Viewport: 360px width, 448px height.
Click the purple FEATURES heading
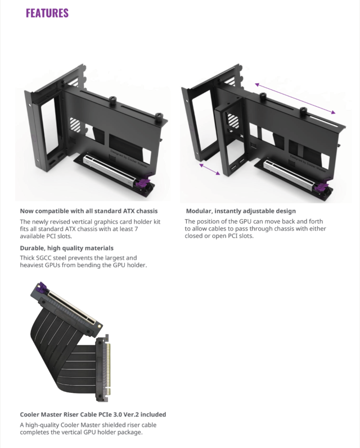(x=47, y=12)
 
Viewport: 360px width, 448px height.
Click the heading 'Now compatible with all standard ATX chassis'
(x=89, y=211)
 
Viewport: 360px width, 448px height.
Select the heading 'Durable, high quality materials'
(x=67, y=248)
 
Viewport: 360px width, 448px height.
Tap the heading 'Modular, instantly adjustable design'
(x=241, y=211)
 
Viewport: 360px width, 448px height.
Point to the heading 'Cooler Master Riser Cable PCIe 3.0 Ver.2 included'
(x=93, y=415)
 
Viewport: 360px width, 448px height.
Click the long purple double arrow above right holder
(x=296, y=97)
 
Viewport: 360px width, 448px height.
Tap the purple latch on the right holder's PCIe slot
(x=323, y=188)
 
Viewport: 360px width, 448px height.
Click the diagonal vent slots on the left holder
(x=74, y=125)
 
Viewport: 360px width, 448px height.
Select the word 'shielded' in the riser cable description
(x=115, y=425)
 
